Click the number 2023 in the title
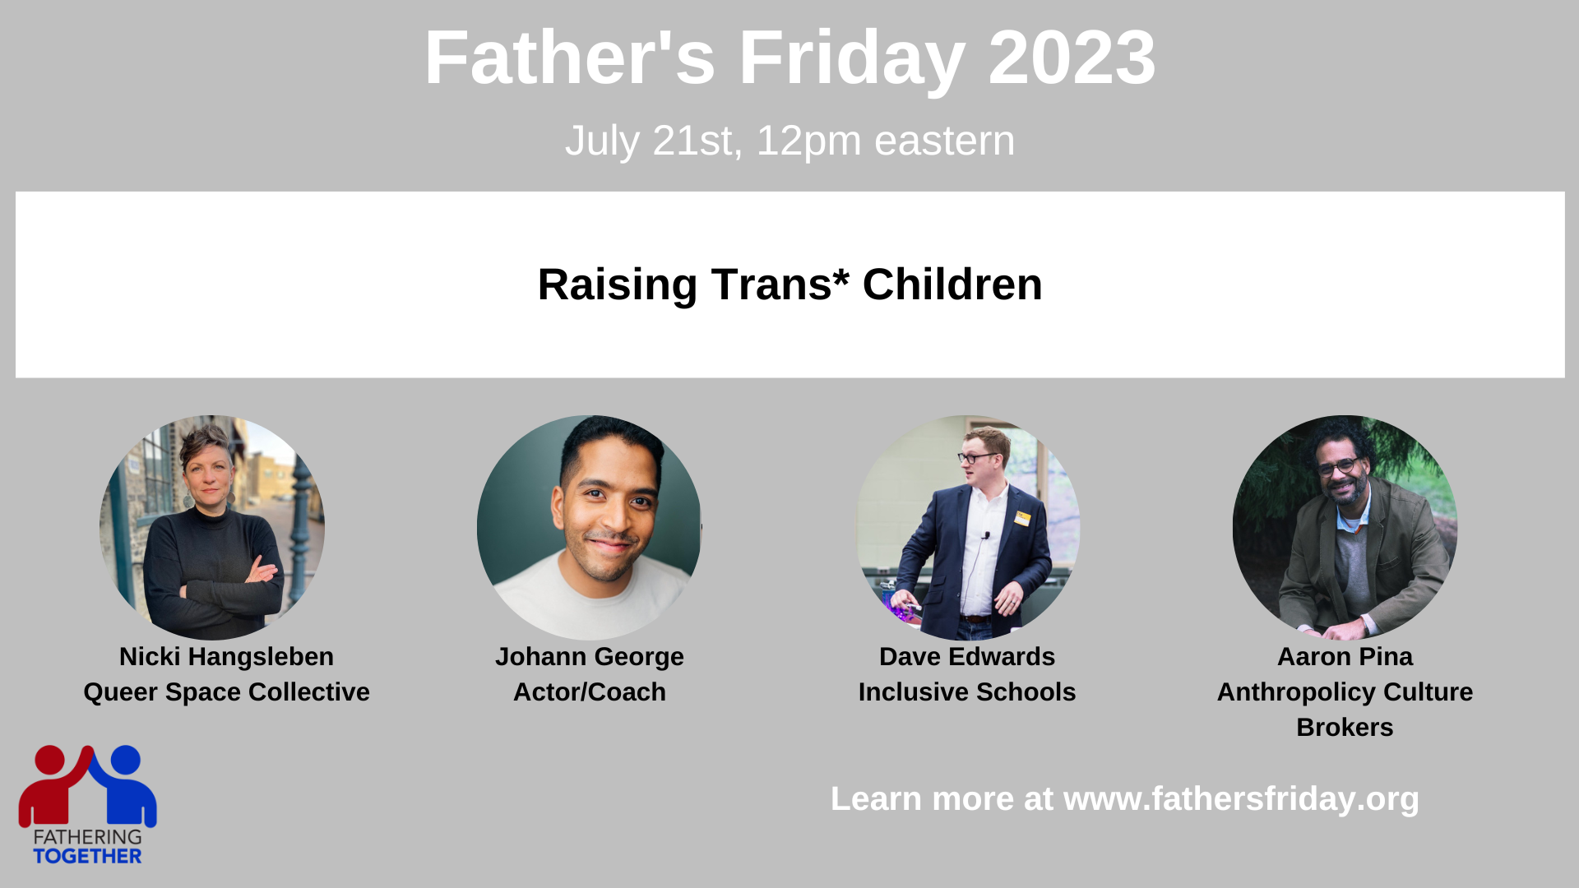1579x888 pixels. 1072,58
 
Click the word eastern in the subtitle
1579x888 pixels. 944,141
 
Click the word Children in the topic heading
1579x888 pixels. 952,284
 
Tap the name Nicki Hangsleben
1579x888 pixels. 226,657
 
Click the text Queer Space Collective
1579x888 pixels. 226,692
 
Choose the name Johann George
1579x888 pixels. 589,657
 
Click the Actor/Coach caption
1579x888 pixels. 589,692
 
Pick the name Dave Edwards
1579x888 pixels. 966,657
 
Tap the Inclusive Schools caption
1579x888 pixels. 966,692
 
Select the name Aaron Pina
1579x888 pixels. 1345,657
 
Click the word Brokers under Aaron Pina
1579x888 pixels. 1345,728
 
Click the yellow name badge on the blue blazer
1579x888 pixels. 1022,518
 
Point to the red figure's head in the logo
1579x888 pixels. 50,760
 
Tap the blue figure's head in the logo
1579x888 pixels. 125,760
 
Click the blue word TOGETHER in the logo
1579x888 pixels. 87,856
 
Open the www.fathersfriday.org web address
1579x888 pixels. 1241,799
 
